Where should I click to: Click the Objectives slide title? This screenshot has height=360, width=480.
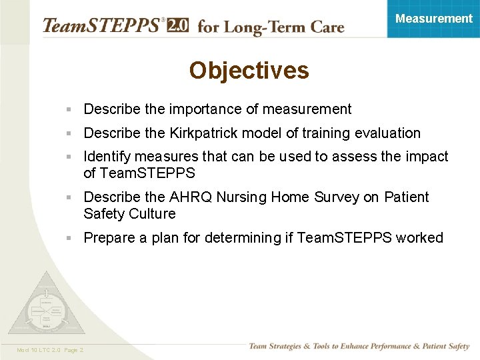pyautogui.click(x=249, y=71)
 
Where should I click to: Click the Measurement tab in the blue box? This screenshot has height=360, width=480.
pyautogui.click(x=433, y=19)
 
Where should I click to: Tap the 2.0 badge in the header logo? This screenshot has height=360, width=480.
pyautogui.click(x=177, y=25)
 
